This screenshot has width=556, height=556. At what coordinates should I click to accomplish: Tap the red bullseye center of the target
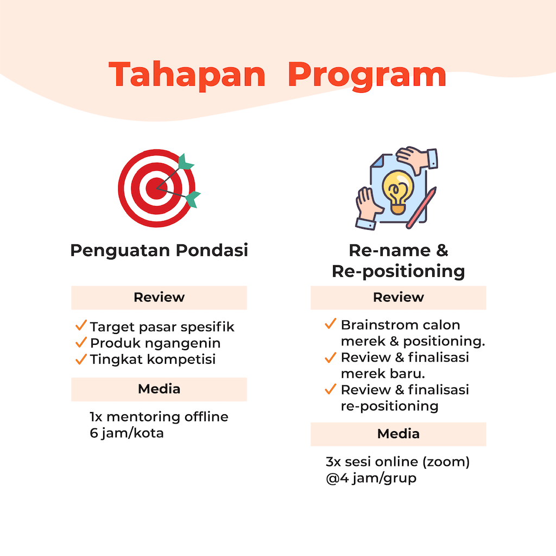[x=156, y=188]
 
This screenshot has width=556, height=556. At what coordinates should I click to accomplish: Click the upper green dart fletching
[x=185, y=162]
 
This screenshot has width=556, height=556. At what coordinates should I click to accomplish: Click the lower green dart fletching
[x=193, y=199]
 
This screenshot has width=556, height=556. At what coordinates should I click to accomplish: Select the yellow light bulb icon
[x=397, y=192]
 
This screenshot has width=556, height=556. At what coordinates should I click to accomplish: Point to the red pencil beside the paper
[x=421, y=208]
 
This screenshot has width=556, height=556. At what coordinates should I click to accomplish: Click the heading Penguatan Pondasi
[x=159, y=250]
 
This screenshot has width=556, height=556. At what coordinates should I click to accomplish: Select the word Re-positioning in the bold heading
[x=398, y=271]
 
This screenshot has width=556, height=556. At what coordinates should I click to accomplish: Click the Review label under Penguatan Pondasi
[x=159, y=297]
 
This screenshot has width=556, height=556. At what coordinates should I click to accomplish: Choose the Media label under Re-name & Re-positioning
[x=398, y=434]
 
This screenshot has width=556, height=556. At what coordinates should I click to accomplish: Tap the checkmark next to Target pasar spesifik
[x=81, y=325]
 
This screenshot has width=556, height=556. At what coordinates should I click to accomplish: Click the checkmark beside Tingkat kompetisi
[x=81, y=359]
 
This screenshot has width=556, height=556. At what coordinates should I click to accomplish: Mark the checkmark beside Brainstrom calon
[x=331, y=324]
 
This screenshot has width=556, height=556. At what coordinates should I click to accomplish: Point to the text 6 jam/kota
[x=127, y=433]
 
